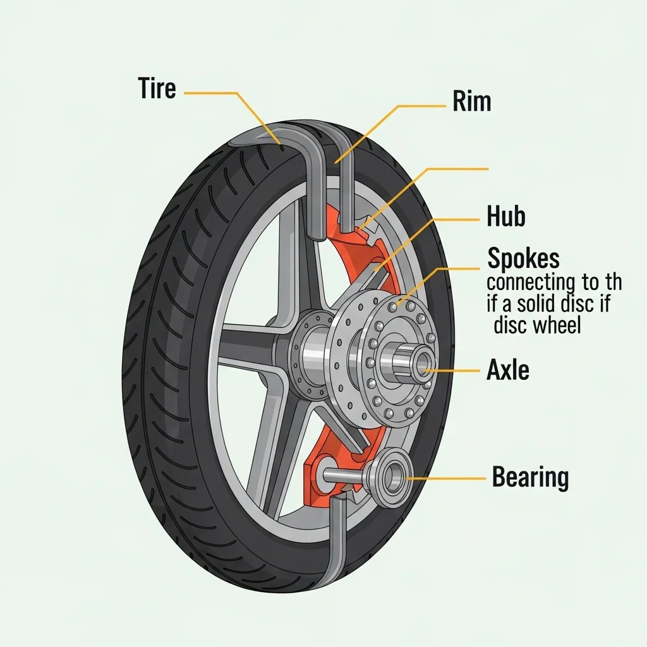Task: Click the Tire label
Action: [157, 88]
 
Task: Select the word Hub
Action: [506, 216]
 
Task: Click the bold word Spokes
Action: [524, 258]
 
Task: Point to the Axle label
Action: [508, 369]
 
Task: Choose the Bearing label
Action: [530, 477]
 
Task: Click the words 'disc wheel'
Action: [537, 325]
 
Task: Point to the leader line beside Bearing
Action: [446, 478]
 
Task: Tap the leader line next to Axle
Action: [452, 370]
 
